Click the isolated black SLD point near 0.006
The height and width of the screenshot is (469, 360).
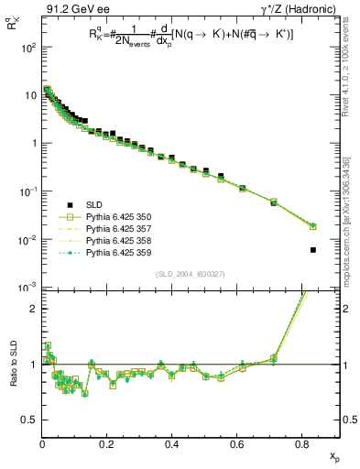click(x=313, y=249)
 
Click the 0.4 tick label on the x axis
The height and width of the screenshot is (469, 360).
click(x=173, y=445)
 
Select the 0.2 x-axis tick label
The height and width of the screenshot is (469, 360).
click(x=108, y=445)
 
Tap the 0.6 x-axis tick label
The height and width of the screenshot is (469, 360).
click(x=238, y=445)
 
